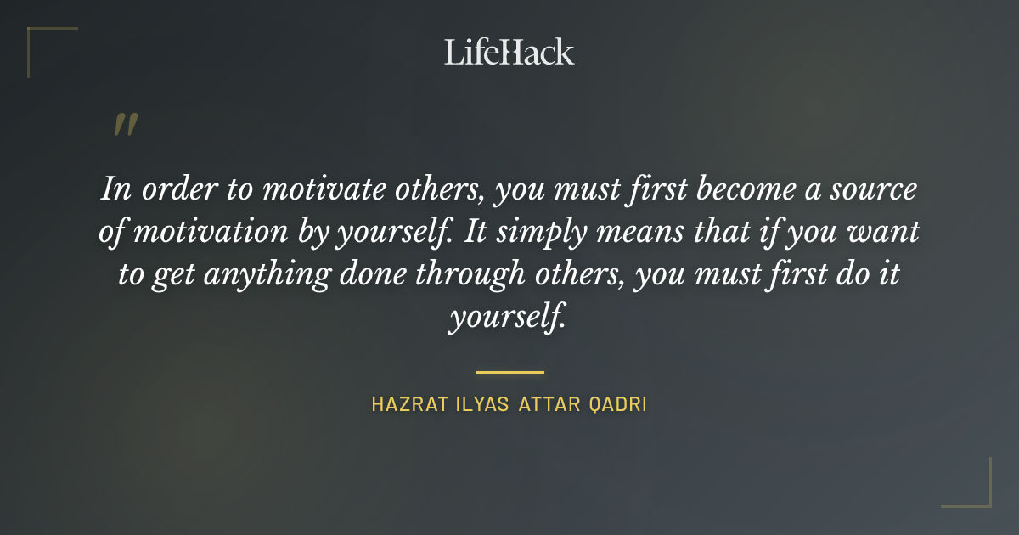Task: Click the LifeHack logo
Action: (509, 52)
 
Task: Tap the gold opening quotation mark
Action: (126, 126)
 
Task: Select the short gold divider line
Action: (509, 372)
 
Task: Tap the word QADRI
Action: (617, 405)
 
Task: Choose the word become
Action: (731, 189)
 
